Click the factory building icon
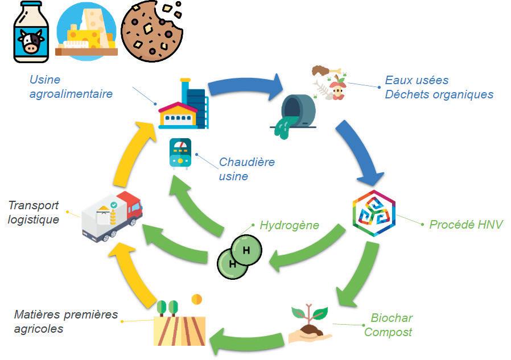pos(183,105)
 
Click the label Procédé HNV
pos(466,225)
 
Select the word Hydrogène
pos(289,225)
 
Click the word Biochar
pos(392,317)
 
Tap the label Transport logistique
pos(34,212)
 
